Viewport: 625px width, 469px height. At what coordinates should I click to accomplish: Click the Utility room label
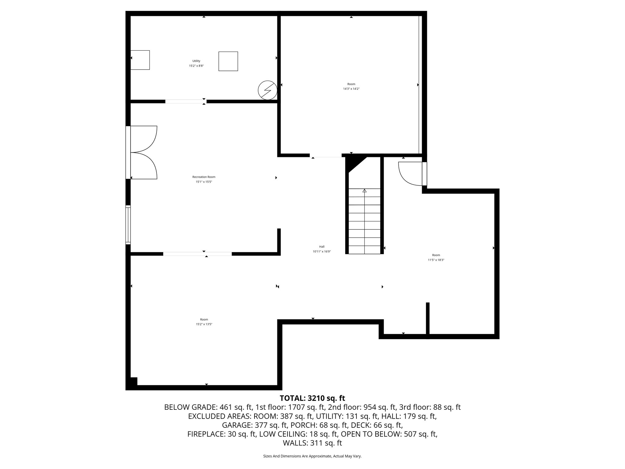click(196, 61)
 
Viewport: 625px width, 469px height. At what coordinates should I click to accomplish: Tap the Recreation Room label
click(204, 177)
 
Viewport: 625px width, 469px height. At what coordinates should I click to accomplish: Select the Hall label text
click(322, 247)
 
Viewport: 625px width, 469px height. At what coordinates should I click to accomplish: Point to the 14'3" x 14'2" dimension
click(351, 89)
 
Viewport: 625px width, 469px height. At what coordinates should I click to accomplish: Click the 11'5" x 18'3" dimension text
click(436, 260)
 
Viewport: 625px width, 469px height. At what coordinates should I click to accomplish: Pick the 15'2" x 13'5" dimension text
click(204, 324)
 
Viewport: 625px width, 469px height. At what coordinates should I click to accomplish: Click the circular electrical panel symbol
click(267, 90)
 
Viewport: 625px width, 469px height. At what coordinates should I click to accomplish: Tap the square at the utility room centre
click(228, 61)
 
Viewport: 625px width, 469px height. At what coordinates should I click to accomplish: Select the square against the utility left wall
click(140, 60)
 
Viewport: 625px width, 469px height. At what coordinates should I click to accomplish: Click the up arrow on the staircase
click(364, 191)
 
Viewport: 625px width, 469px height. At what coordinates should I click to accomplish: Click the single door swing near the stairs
click(410, 173)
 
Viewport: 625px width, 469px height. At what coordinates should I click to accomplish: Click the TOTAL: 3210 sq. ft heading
click(312, 398)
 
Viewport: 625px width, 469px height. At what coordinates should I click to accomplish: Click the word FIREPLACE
click(207, 434)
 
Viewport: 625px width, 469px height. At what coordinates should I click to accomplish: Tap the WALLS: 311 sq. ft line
click(312, 443)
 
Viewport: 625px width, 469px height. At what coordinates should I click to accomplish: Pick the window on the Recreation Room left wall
click(128, 225)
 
